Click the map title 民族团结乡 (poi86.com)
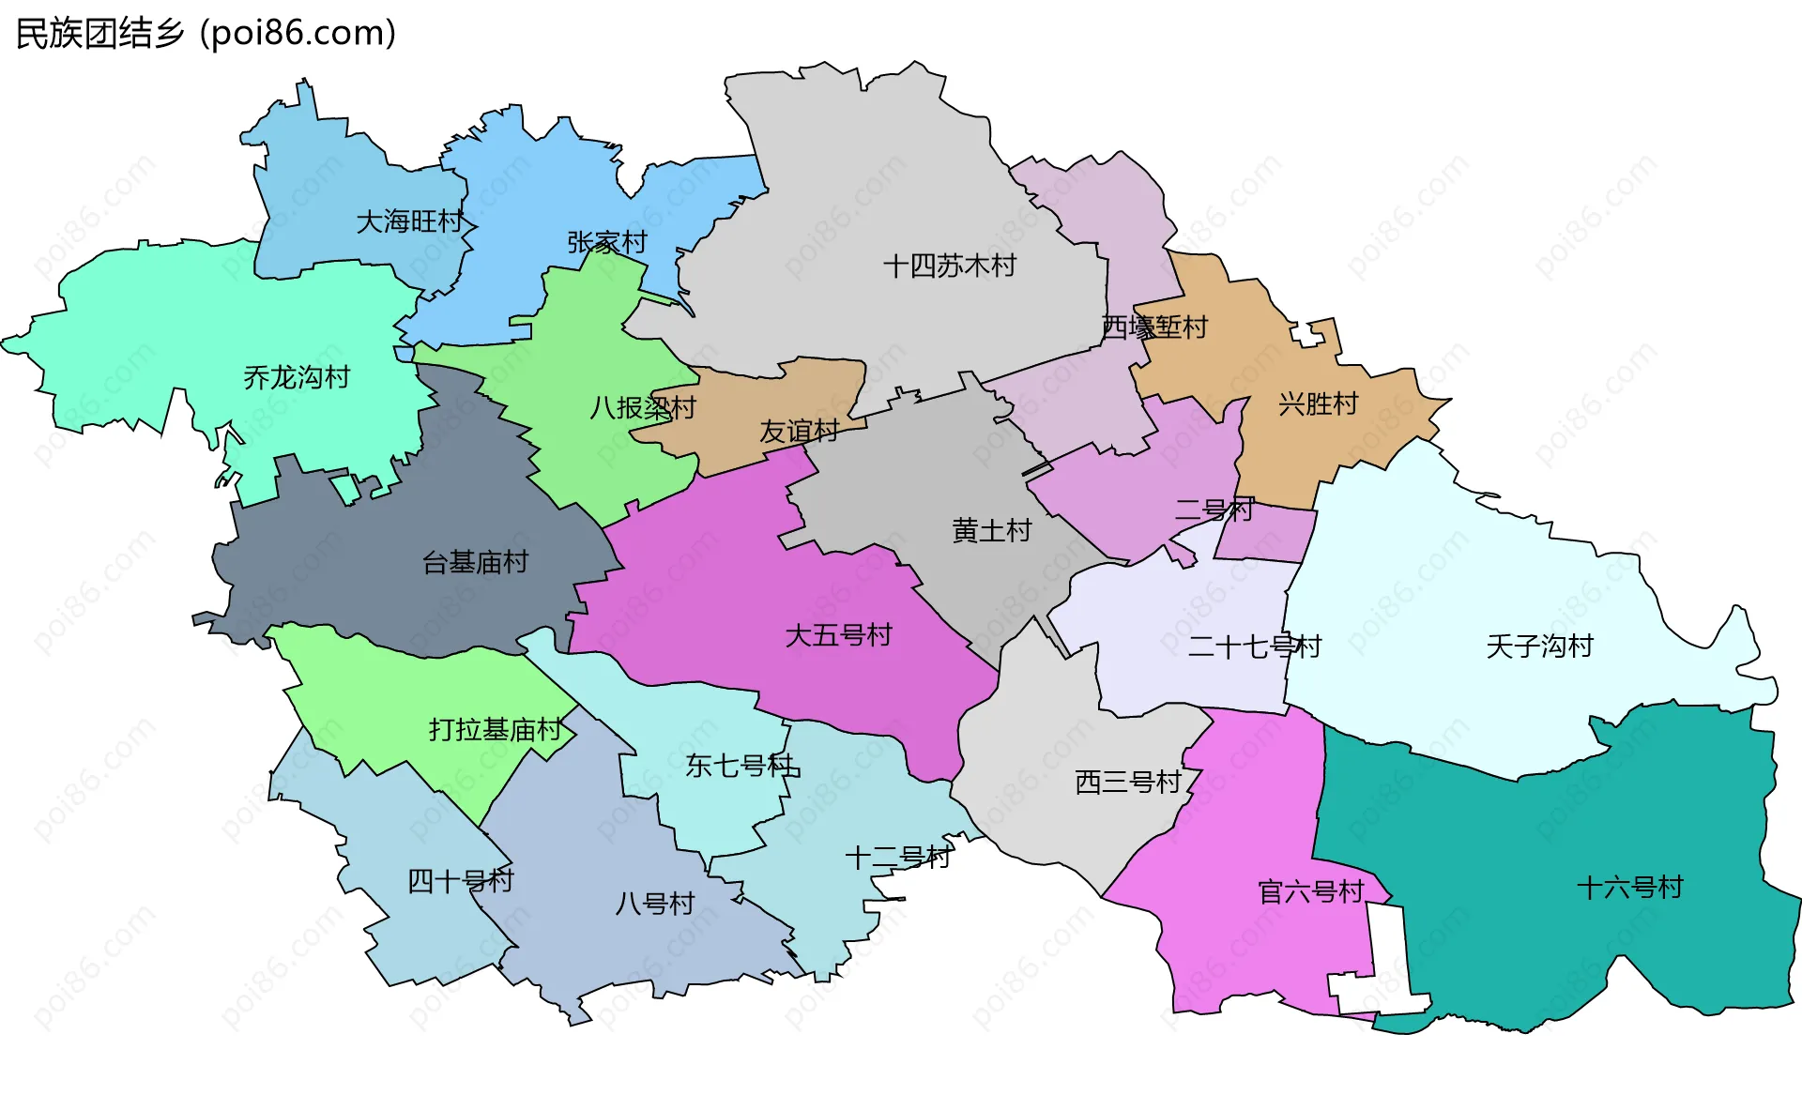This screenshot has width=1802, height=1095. (206, 34)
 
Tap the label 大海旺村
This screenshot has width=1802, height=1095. (409, 222)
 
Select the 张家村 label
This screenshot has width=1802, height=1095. (606, 243)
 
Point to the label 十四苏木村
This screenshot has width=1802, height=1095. (949, 266)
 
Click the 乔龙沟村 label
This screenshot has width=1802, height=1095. (297, 378)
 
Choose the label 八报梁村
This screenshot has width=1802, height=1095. (643, 408)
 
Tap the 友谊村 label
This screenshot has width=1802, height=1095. (799, 432)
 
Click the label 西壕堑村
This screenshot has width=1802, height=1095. (1153, 327)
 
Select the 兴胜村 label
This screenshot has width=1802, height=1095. (1318, 404)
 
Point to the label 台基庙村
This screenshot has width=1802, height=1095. (475, 563)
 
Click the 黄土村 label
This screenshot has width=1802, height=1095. (991, 531)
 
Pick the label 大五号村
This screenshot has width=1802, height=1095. (838, 636)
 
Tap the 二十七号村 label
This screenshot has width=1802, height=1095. (1254, 646)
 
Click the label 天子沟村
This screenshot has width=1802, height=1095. (1539, 646)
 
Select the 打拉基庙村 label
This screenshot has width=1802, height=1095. (495, 730)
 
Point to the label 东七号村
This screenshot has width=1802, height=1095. (741, 766)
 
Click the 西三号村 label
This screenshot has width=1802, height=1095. (1127, 783)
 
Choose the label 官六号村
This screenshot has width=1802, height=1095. (1310, 891)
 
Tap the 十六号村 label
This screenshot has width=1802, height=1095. (1629, 888)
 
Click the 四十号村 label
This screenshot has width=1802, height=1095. (460, 881)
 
